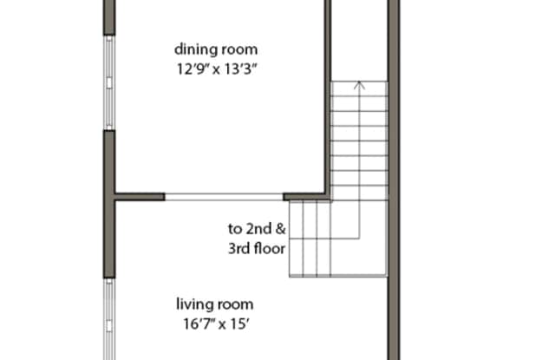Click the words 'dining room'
(216, 49)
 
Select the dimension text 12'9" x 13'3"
(216, 69)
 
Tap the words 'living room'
(215, 304)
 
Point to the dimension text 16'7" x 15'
(216, 324)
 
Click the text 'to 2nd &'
(257, 229)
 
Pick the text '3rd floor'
(257, 248)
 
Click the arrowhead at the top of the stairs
(359, 85)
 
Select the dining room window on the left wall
(109, 82)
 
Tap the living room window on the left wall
(109, 319)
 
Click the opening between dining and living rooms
(224, 197)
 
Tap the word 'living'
(194, 304)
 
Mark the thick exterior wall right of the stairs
(394, 180)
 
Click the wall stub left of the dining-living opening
(140, 197)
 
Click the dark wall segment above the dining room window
(109, 17)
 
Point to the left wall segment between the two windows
(109, 204)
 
